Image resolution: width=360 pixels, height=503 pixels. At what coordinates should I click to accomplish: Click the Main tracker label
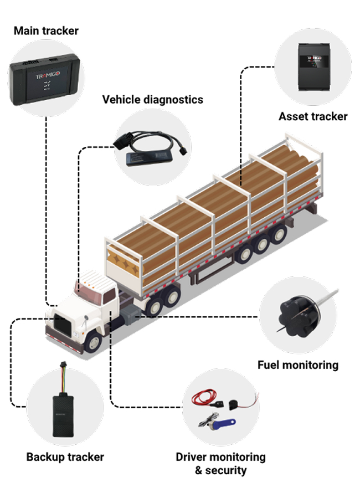pyautogui.click(x=46, y=31)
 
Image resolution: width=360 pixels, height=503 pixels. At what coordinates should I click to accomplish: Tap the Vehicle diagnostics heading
pyautogui.click(x=153, y=100)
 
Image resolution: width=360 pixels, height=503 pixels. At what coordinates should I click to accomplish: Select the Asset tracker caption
pyautogui.click(x=313, y=116)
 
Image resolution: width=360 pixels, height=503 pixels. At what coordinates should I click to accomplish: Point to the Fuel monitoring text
pyautogui.click(x=298, y=365)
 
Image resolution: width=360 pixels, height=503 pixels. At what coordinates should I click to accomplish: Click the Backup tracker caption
pyautogui.click(x=65, y=457)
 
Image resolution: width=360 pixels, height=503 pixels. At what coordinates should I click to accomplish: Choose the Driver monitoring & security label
pyautogui.click(x=221, y=464)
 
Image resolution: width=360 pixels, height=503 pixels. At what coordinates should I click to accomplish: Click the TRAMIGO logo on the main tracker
pyautogui.click(x=48, y=75)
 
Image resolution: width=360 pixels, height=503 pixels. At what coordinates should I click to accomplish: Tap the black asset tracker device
pyautogui.click(x=314, y=66)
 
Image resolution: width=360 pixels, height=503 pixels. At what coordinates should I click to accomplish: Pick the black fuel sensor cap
pyautogui.click(x=295, y=316)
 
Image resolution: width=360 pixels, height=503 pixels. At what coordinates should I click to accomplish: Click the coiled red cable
pyautogui.click(x=204, y=398)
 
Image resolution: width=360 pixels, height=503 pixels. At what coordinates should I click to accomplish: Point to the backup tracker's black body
pyautogui.click(x=63, y=415)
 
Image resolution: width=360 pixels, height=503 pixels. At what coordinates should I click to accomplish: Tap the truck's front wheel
pyautogui.click(x=94, y=342)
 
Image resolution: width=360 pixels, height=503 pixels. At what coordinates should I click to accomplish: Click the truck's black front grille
pyautogui.click(x=62, y=325)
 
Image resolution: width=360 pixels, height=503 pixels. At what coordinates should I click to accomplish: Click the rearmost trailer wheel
pyautogui.click(x=278, y=234)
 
